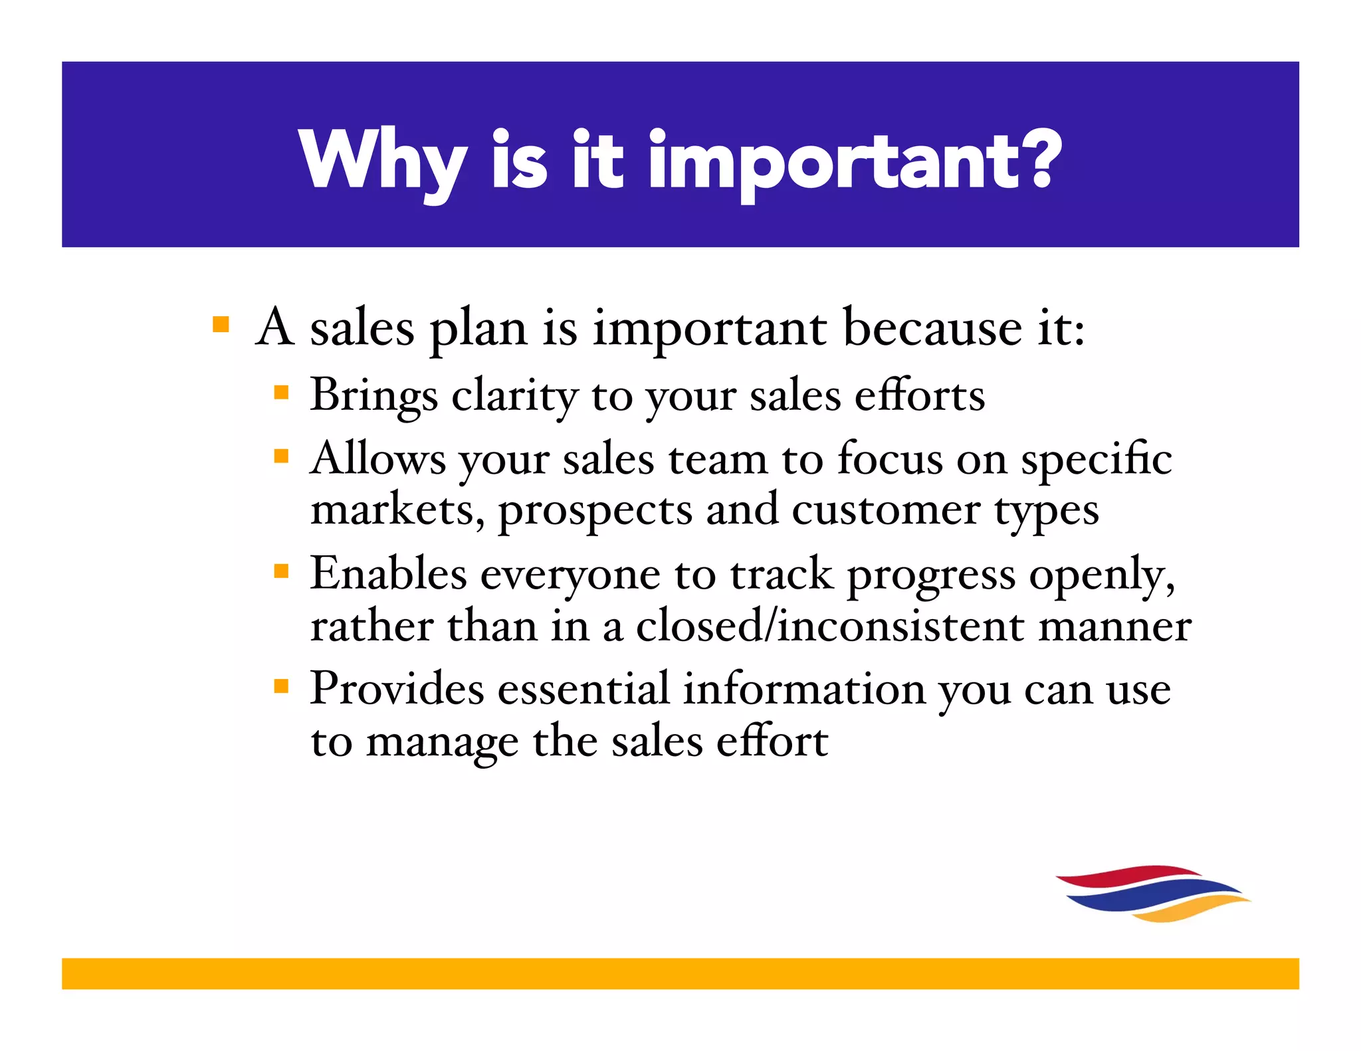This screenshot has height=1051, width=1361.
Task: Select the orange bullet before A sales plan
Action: click(x=221, y=325)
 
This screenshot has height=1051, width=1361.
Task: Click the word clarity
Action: click(x=515, y=397)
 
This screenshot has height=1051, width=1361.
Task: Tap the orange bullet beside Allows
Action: click(x=281, y=456)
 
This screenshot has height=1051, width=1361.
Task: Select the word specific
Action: click(x=1096, y=460)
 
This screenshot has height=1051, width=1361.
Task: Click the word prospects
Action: click(x=595, y=512)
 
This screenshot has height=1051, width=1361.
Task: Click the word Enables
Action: click(x=388, y=573)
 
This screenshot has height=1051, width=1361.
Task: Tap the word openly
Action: click(x=1101, y=575)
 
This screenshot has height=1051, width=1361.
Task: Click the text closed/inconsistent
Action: click(x=830, y=626)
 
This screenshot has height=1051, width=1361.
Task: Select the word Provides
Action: click(x=397, y=688)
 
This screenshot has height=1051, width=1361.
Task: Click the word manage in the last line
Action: click(x=442, y=743)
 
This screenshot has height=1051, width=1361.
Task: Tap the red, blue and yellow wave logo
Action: click(x=1153, y=894)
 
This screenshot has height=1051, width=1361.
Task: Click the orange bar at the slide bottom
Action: click(x=680, y=973)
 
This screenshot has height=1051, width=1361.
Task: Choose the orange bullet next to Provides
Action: click(x=281, y=686)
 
